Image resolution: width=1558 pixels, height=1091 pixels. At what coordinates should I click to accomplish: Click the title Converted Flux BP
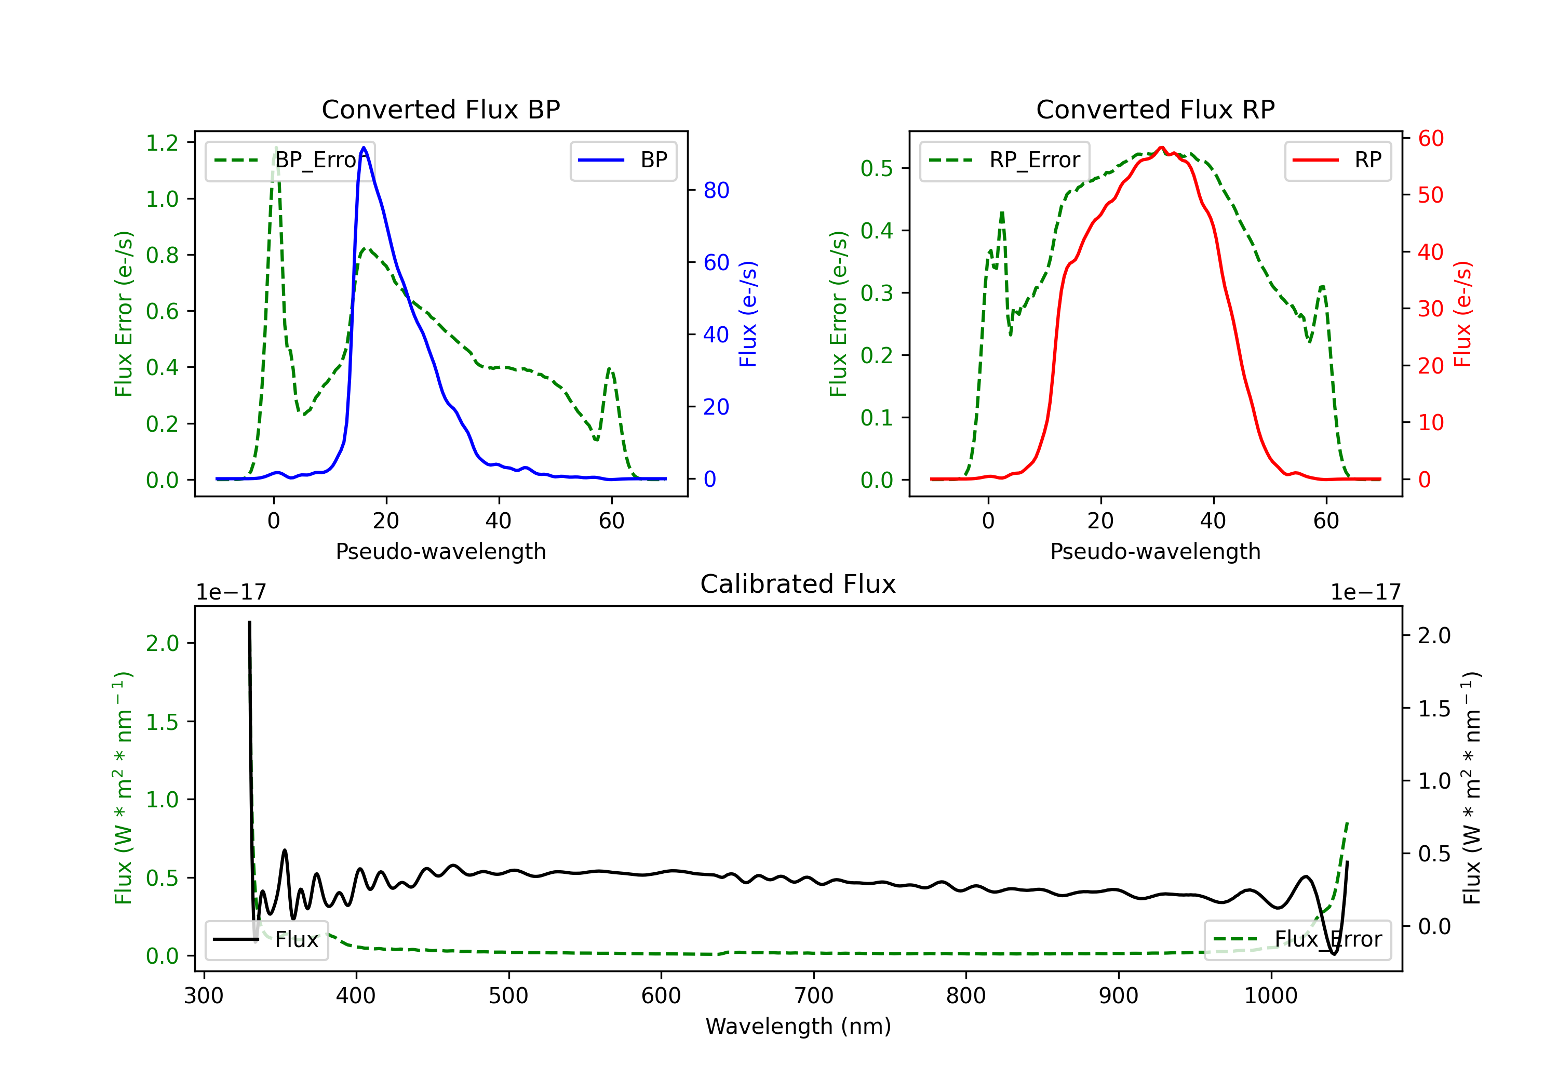pyautogui.click(x=440, y=109)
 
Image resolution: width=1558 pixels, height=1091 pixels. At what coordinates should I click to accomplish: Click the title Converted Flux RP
pyautogui.click(x=1155, y=109)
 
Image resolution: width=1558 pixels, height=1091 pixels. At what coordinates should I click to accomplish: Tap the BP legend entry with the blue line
pyautogui.click(x=623, y=160)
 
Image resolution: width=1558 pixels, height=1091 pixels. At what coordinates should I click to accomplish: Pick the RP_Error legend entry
pyautogui.click(x=1004, y=160)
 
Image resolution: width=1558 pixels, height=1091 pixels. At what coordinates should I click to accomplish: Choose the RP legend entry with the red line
pyautogui.click(x=1337, y=160)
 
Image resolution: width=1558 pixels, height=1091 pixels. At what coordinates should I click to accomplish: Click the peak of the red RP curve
pyautogui.click(x=1162, y=148)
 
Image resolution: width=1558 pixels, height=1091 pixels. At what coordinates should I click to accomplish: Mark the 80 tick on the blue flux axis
pyautogui.click(x=716, y=190)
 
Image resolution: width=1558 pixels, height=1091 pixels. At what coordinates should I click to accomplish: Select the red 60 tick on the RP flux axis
pyautogui.click(x=1430, y=139)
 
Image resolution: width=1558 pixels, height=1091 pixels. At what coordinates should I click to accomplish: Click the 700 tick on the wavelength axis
pyautogui.click(x=814, y=995)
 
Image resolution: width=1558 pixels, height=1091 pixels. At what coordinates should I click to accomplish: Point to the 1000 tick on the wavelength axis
pyautogui.click(x=1270, y=995)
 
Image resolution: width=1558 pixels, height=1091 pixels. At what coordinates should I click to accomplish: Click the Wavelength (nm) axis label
pyautogui.click(x=798, y=1026)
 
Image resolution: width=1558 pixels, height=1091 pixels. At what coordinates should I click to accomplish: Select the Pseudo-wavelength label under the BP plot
pyautogui.click(x=440, y=551)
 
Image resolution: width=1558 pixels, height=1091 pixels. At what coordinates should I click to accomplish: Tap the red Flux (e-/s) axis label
pyautogui.click(x=1462, y=314)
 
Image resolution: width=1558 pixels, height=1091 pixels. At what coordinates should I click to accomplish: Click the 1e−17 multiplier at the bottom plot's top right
pyautogui.click(x=1365, y=592)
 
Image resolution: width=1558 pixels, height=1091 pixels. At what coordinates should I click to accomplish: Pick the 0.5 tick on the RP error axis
pyautogui.click(x=876, y=168)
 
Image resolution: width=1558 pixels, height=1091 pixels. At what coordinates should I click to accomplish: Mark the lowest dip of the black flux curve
pyautogui.click(x=1334, y=954)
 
